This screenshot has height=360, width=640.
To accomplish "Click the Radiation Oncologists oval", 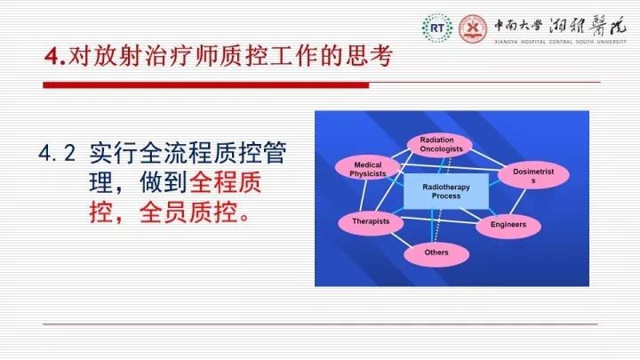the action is click(x=440, y=145).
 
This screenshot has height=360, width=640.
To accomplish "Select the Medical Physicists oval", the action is click(x=367, y=168).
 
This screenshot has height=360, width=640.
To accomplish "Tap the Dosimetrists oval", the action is click(x=533, y=175).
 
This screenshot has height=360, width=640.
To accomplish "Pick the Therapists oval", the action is click(x=371, y=222).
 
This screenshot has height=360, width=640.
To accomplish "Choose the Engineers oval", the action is click(x=508, y=225).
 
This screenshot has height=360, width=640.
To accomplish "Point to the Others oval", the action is click(x=436, y=254).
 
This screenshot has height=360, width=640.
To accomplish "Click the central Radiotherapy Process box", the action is click(x=446, y=191).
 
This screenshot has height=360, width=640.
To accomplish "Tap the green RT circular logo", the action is click(x=437, y=28).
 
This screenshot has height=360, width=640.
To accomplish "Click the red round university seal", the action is click(x=473, y=28).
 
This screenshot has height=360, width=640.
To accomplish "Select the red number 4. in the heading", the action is click(x=55, y=56).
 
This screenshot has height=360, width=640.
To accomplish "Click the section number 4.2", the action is click(x=57, y=153).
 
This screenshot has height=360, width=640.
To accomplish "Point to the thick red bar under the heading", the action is click(x=206, y=85).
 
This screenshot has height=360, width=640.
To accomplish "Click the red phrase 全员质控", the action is click(x=188, y=212).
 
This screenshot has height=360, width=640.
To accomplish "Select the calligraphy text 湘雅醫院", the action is click(x=588, y=27).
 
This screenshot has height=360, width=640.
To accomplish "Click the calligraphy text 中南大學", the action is click(x=518, y=26).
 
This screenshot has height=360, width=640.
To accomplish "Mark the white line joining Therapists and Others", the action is click(x=402, y=240).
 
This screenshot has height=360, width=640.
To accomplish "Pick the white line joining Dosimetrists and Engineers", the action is click(x=517, y=201).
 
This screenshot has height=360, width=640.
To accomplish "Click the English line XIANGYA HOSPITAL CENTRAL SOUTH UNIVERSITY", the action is click(x=560, y=42).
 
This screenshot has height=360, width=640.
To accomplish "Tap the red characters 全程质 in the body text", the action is click(x=225, y=182).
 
